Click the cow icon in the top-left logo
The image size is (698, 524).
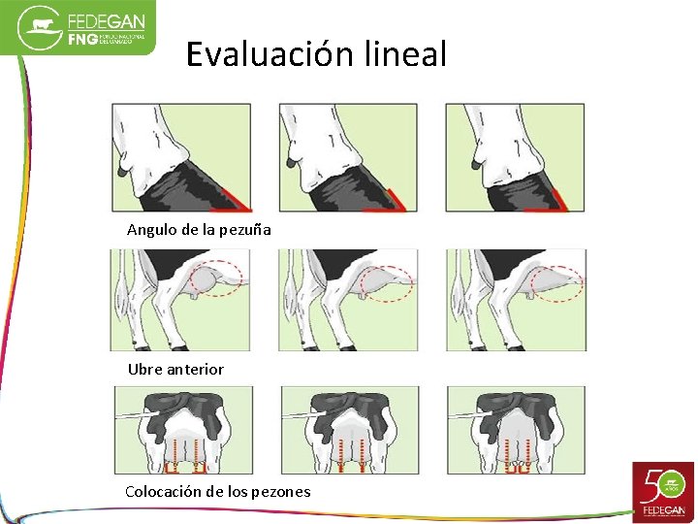point(41,23)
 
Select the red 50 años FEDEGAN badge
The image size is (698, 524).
point(662,489)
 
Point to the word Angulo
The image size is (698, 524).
point(153,230)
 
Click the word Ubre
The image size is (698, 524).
point(145,369)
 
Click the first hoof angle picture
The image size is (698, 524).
point(181,157)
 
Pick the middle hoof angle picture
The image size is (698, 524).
point(348,157)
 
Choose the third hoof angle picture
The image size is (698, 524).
point(515,157)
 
